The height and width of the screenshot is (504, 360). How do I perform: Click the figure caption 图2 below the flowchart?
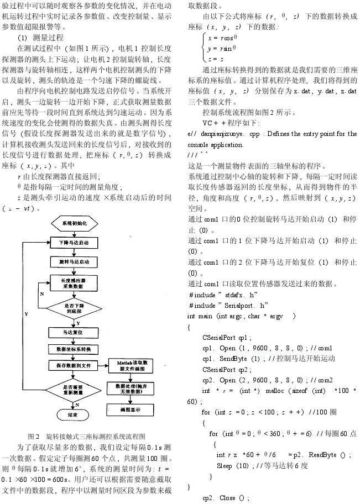[x=89, y=436]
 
